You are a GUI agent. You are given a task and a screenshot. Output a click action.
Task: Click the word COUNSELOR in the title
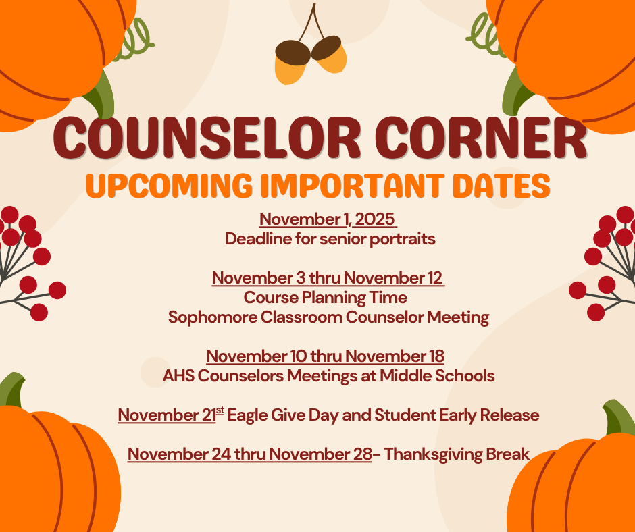(207, 138)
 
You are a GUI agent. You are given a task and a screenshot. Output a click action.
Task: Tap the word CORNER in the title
(481, 138)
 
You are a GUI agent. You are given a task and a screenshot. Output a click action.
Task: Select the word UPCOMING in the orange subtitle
(169, 186)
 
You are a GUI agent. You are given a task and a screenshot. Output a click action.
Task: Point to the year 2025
(375, 219)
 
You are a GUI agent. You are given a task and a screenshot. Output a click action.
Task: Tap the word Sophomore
(213, 317)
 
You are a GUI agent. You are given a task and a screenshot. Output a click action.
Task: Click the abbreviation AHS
(178, 376)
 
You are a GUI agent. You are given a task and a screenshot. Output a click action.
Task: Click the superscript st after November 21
(220, 410)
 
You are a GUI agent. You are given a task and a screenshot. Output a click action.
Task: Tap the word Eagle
(246, 415)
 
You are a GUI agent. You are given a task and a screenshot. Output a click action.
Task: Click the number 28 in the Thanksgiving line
(363, 454)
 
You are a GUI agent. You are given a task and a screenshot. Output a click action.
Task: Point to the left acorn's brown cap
(293, 52)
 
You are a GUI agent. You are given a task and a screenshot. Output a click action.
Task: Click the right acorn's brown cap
(326, 47)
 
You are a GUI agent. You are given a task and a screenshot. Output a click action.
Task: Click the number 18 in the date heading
(436, 356)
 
